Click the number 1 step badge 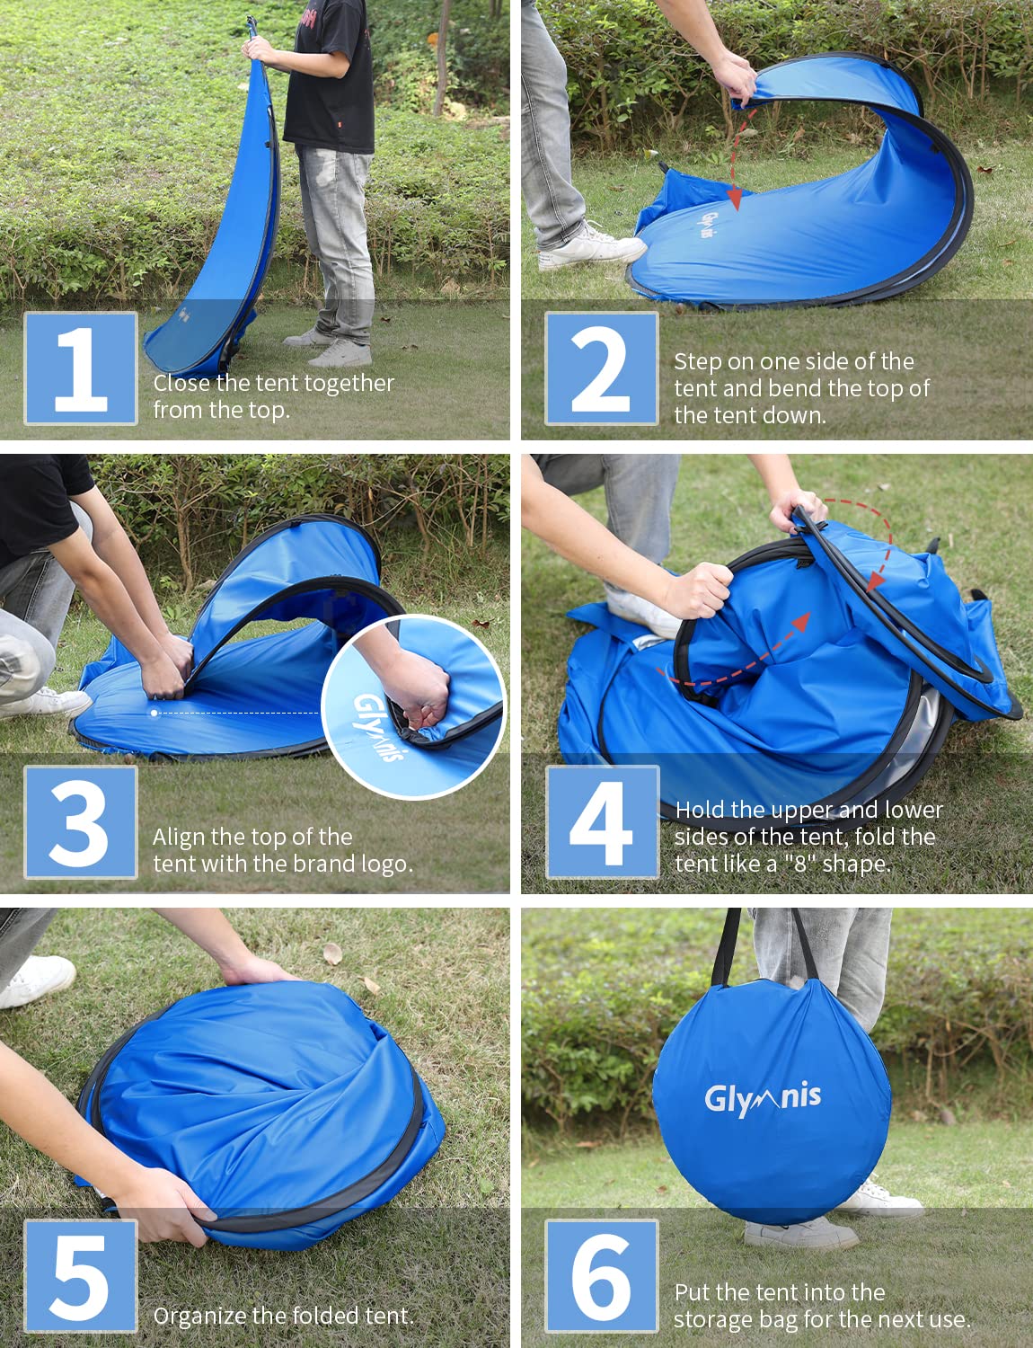tap(81, 368)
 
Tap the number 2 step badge tap(601, 368)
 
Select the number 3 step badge tap(81, 822)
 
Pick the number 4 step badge tap(602, 822)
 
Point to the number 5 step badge tap(81, 1275)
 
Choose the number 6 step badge tap(601, 1275)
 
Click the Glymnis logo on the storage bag tap(763, 1097)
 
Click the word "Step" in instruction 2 tap(697, 362)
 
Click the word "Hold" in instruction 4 tap(698, 810)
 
